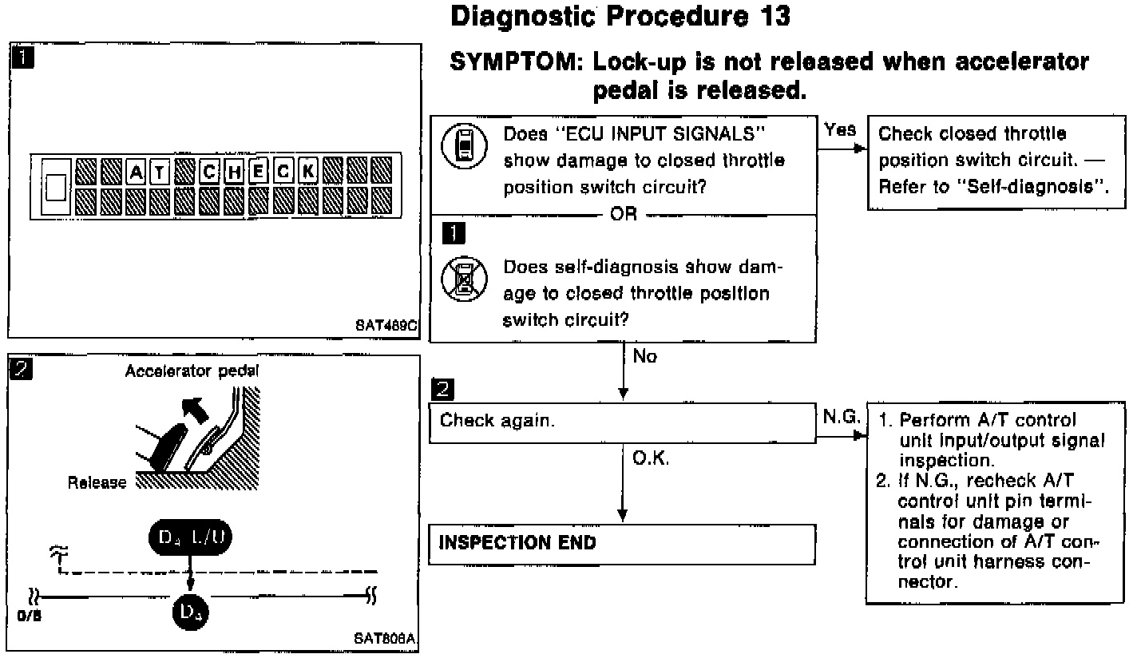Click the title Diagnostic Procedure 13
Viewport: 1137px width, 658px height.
tap(620, 16)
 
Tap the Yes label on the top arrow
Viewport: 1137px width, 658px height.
tap(839, 129)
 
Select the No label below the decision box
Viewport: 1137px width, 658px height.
tap(644, 357)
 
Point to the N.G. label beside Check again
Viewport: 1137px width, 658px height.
tap(840, 417)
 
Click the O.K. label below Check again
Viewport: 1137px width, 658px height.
tap(650, 461)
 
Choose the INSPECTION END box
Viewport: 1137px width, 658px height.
tap(622, 544)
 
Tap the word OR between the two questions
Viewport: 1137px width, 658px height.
tap(623, 215)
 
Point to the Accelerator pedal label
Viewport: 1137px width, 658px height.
tap(192, 371)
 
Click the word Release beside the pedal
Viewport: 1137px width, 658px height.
tap(97, 482)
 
